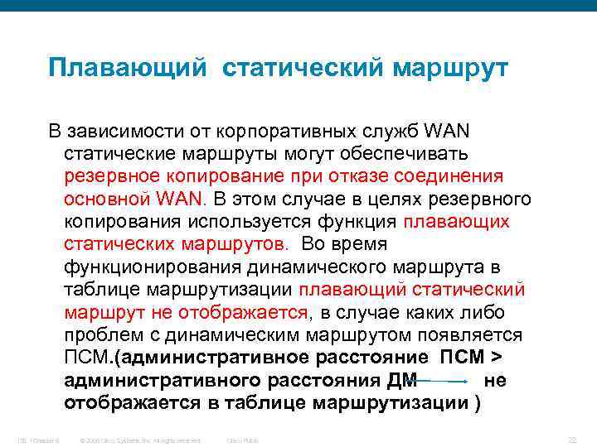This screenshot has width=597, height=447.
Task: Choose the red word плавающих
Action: point(456,222)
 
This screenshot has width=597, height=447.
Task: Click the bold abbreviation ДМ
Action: point(402,381)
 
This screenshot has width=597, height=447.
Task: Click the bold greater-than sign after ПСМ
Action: point(497,358)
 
